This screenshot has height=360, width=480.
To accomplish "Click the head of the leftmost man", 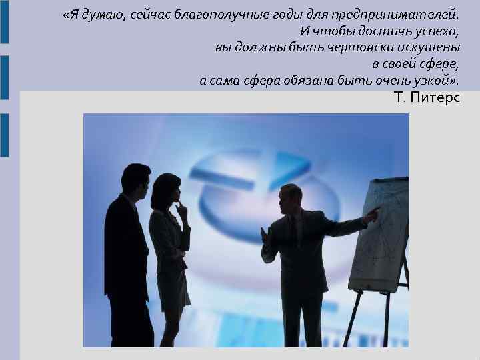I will click(137, 178).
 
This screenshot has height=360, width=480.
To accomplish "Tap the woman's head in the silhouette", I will click(167, 189).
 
